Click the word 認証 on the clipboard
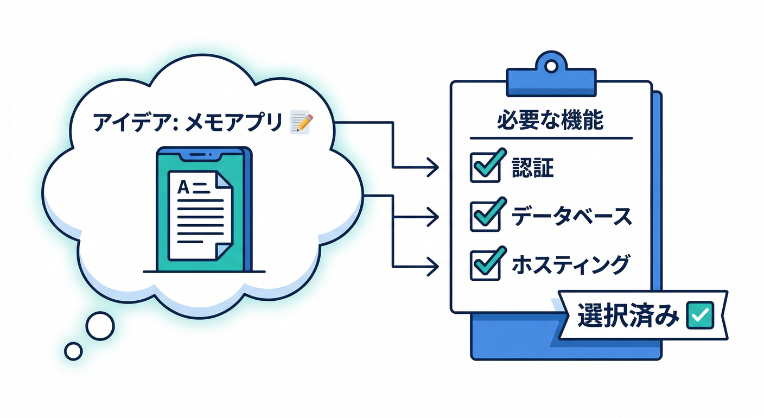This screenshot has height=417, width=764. pos(533,169)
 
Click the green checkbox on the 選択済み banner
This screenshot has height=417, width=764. pos(700,314)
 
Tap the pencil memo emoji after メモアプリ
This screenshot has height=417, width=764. pos(301,122)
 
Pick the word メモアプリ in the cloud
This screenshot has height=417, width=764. pos(234,122)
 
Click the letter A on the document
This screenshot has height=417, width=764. pos(183,188)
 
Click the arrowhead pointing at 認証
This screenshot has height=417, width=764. pos(433,168)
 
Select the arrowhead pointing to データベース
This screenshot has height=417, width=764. pos(433,218)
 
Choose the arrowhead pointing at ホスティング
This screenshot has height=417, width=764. pos(433,266)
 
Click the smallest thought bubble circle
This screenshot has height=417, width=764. pos(73,351)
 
